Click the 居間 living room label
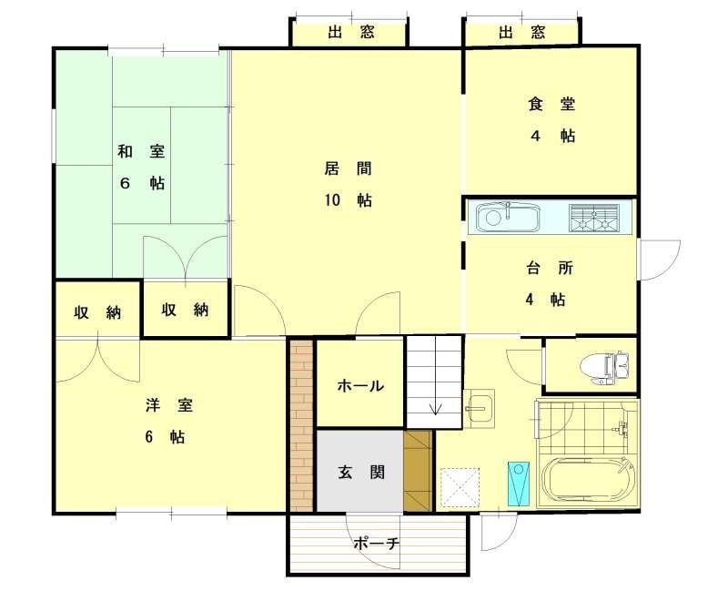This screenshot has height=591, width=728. [348, 168]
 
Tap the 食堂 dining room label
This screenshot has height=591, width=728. [551, 104]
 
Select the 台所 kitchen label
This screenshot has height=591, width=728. [550, 268]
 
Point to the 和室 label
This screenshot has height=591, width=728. [141, 151]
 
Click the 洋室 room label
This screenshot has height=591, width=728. [169, 405]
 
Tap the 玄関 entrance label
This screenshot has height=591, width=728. [360, 473]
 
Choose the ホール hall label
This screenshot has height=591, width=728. [360, 385]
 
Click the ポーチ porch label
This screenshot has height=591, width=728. [377, 543]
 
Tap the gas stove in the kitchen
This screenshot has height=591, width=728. [594, 218]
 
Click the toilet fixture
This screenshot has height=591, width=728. [605, 367]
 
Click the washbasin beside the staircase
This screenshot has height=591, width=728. [479, 408]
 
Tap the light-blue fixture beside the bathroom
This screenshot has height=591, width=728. [519, 484]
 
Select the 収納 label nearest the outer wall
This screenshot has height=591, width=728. [97, 312]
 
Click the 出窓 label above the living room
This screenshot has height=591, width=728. [350, 32]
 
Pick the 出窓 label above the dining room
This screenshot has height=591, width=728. [521, 32]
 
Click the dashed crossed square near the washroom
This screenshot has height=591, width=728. [460, 487]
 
